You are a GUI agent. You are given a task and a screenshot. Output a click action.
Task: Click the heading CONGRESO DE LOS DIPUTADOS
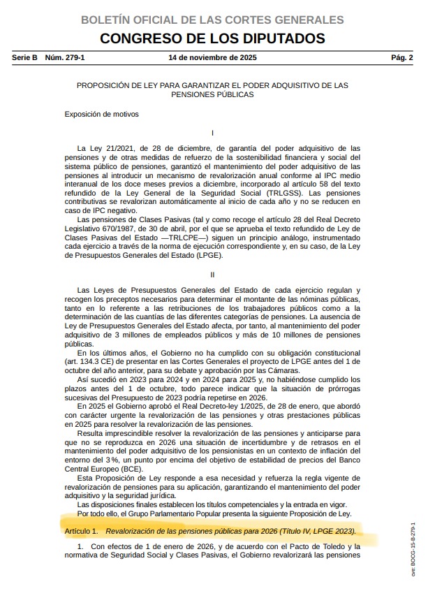click(x=212, y=38)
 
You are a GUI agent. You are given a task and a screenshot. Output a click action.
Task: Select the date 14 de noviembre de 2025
click(x=213, y=57)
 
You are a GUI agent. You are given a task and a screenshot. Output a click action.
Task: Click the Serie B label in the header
click(x=25, y=57)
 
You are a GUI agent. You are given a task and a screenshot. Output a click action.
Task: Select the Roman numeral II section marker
click(x=212, y=275)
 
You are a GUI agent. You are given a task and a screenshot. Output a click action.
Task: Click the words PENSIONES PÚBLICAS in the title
click(x=212, y=94)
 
